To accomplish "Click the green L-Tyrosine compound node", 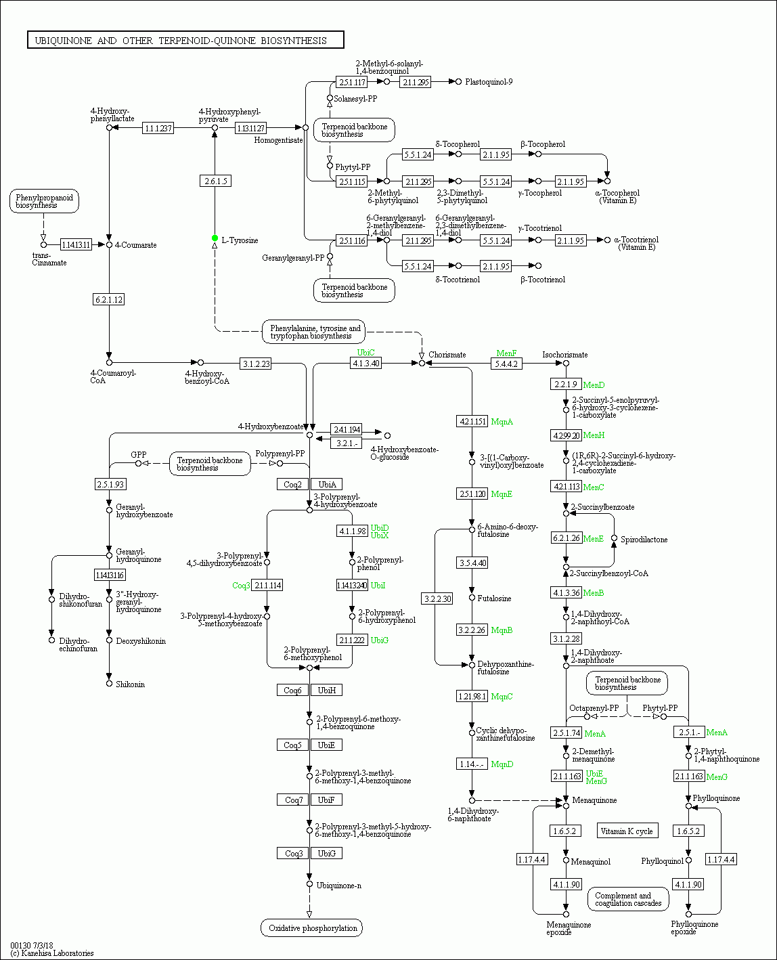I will tap(215, 238).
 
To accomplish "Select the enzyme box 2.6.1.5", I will tap(215, 181).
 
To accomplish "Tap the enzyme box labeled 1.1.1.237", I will tap(158, 128).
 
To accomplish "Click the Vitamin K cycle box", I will tap(626, 831).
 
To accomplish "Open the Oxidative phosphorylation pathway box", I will tap(312, 928).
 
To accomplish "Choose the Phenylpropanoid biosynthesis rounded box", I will tap(45, 201).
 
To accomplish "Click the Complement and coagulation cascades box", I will tap(627, 899).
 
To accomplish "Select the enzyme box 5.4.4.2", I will tap(506, 364).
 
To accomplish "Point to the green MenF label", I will tap(506, 353).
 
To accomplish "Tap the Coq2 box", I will tap(292, 484).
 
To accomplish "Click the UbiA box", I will tap(327, 484).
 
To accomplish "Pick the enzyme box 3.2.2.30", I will tap(437, 598).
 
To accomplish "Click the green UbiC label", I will tap(365, 353).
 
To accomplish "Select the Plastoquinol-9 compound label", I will tap(489, 82).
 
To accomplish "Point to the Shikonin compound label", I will tap(130, 684).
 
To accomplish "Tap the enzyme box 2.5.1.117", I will tap(352, 82).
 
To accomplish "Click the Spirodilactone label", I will tap(644, 540).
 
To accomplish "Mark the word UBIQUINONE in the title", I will tap(63, 41).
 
